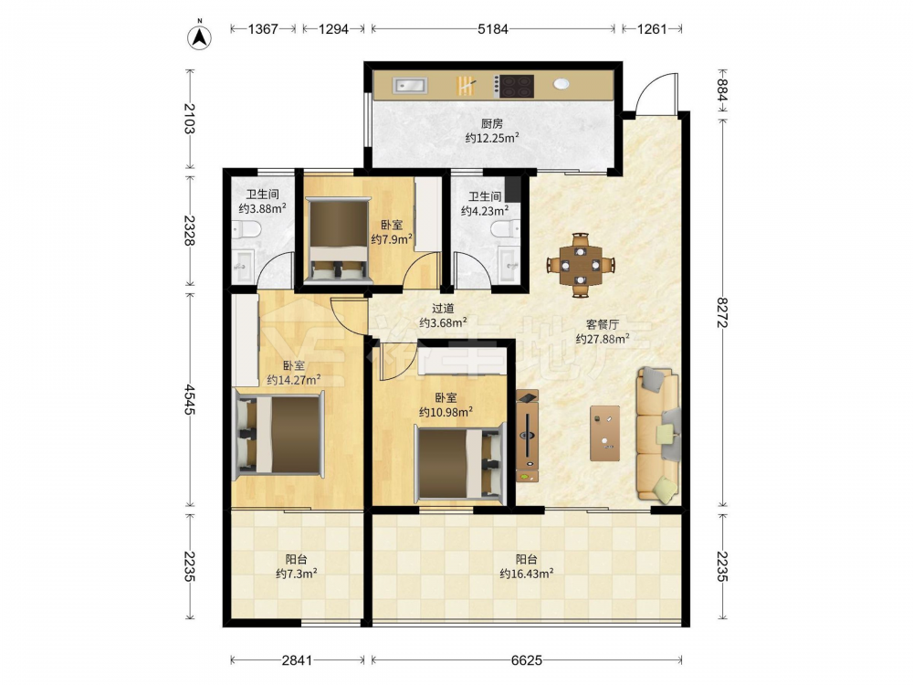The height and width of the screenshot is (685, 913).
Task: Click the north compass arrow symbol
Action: (199, 37)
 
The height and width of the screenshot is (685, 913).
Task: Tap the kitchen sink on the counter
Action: (411, 86)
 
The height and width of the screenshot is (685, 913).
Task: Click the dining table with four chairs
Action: (580, 265)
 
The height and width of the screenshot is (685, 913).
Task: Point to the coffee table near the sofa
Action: (604, 433)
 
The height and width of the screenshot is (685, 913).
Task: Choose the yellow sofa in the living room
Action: (658, 434)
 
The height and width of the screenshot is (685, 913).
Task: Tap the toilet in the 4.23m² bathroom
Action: (506, 228)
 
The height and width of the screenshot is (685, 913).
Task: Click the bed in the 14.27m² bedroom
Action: (278, 434)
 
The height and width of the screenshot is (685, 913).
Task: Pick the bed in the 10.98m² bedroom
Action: (459, 464)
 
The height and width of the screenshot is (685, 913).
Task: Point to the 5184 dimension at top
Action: (493, 28)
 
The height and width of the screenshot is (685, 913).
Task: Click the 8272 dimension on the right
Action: (722, 312)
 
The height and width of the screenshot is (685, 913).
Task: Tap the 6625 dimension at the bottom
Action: (527, 660)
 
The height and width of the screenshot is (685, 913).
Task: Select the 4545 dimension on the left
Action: (189, 399)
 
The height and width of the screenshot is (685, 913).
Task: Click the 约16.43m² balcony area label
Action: (527, 574)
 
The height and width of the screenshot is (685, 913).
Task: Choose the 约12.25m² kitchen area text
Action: (492, 138)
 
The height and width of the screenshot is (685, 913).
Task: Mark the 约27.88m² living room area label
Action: (602, 339)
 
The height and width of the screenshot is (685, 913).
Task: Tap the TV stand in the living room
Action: (528, 437)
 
